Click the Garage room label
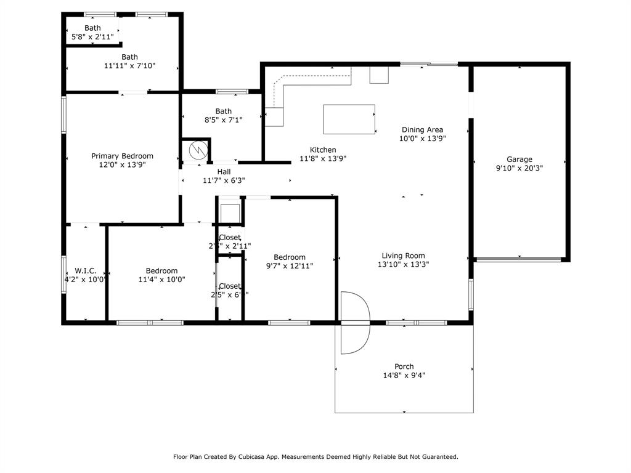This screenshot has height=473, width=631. click(519, 159)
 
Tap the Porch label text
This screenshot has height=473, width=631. click(404, 366)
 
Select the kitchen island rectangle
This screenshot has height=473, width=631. click(349, 119)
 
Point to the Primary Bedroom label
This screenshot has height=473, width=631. click(122, 156)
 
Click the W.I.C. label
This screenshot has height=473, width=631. click(86, 270)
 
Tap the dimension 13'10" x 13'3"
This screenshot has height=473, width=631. click(404, 264)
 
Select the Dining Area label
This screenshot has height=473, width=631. click(422, 129)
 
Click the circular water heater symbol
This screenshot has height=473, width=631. click(197, 150)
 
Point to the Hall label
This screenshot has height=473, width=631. click(224, 172)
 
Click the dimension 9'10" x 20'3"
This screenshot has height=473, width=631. click(519, 168)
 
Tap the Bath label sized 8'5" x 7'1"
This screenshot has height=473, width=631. click(224, 111)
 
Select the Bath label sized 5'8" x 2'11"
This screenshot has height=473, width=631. click(92, 28)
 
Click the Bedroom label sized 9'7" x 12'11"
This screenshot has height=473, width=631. click(290, 257)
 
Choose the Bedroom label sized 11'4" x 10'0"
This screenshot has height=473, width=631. click(161, 270)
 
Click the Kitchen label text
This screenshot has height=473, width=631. click(323, 150)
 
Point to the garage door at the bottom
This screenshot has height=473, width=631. click(519, 259)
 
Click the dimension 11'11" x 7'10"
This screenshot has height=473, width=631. click(130, 65)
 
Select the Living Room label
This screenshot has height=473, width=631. click(404, 256)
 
